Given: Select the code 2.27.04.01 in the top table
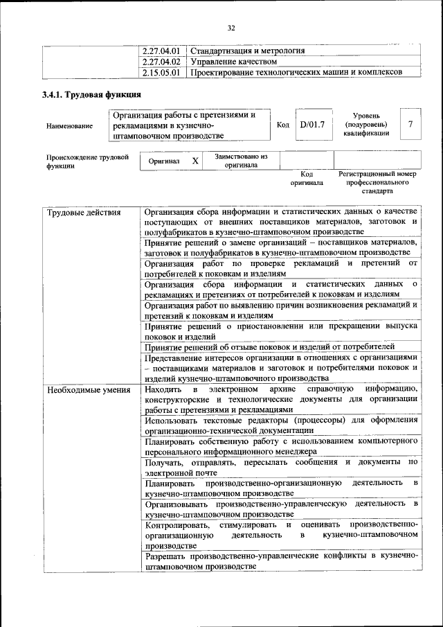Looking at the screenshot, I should pyautogui.click(x=161, y=51).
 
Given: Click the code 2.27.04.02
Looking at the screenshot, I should pyautogui.click(x=161, y=61).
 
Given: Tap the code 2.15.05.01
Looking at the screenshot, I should pyautogui.click(x=161, y=71).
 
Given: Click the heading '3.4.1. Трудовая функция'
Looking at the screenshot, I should pyautogui.click(x=91, y=96).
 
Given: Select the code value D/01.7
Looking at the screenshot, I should pyautogui.click(x=312, y=125).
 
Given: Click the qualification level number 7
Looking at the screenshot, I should pyautogui.click(x=410, y=125).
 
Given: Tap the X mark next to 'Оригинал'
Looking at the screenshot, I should pyautogui.click(x=195, y=161).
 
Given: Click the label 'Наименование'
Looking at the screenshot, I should pyautogui.click(x=69, y=126).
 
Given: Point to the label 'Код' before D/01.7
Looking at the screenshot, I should pyautogui.click(x=282, y=125).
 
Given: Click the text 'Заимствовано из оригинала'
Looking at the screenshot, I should pyautogui.click(x=241, y=161).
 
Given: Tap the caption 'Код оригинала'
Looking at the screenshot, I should pyautogui.click(x=307, y=179).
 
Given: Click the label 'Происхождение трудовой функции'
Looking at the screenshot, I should pyautogui.click(x=87, y=161).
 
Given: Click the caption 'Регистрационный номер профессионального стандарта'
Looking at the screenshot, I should pyautogui.click(x=377, y=182).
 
